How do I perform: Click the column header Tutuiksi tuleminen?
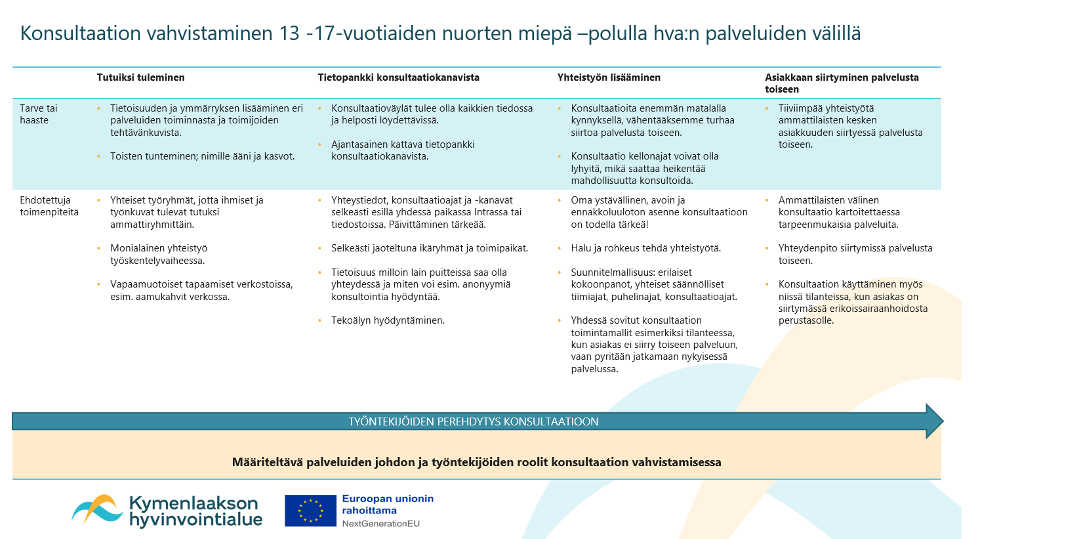(x=140, y=77)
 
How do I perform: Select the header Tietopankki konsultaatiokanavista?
(x=399, y=77)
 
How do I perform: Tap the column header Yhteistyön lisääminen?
(x=609, y=77)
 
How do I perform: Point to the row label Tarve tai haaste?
(x=39, y=114)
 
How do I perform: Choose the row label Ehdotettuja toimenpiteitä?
(x=49, y=205)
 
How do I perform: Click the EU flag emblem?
(x=310, y=511)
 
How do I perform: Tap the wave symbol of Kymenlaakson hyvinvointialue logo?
(x=97, y=509)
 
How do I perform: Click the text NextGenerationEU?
(x=380, y=523)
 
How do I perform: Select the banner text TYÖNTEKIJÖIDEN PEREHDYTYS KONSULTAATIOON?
(x=474, y=421)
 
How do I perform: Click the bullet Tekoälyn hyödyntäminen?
(x=388, y=320)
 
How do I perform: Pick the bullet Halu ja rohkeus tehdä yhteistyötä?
(x=645, y=248)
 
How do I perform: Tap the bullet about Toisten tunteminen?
(x=202, y=156)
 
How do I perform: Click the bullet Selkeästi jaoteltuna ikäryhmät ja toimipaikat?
(x=430, y=248)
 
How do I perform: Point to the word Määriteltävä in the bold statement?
(x=268, y=462)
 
